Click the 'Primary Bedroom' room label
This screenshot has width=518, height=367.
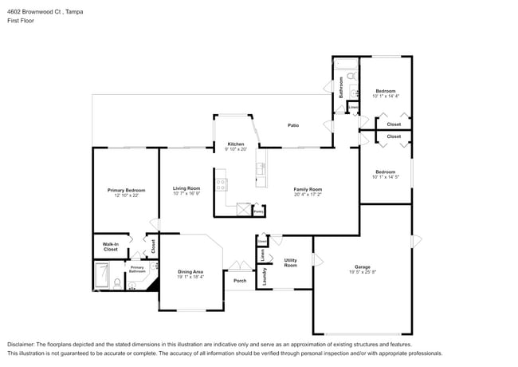[126, 190]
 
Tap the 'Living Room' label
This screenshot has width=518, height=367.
[186, 188]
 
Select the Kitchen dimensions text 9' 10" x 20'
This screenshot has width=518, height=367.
[236, 149]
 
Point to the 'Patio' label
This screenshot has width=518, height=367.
[293, 125]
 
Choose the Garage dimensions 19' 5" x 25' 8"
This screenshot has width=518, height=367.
[363, 272]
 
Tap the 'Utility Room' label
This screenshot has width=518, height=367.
[290, 262]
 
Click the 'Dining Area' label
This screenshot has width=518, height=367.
[190, 272]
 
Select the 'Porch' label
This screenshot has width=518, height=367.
[240, 280]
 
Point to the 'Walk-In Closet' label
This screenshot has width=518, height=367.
[110, 247]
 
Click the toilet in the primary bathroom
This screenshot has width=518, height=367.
[117, 282]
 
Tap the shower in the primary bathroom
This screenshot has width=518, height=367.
[102, 277]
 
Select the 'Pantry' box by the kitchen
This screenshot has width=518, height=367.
[257, 211]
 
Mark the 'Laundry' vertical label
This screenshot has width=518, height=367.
[264, 276]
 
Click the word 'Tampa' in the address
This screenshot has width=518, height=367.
[74, 13]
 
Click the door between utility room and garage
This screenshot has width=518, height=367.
[316, 260]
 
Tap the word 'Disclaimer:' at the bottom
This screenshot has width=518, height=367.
[24, 345]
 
